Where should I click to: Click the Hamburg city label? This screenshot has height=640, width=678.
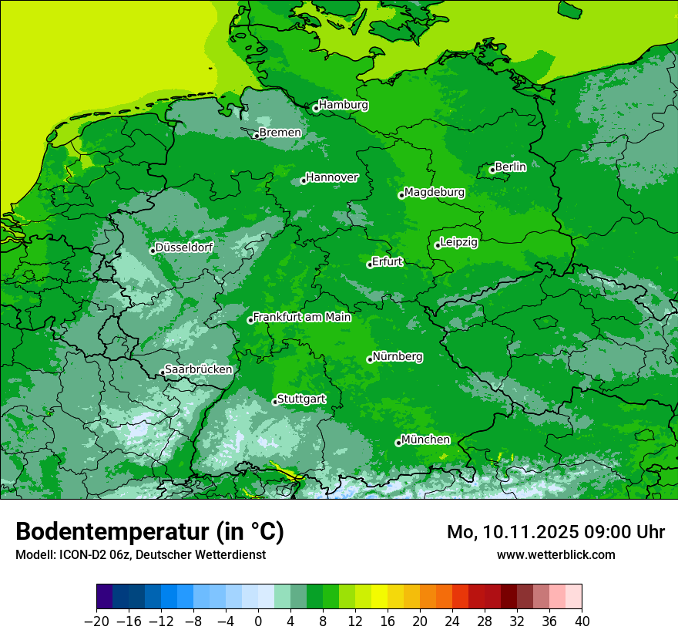344,105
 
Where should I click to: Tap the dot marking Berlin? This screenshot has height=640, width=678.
492,170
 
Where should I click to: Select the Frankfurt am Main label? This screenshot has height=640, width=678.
302,317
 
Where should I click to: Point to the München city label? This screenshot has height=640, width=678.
425,440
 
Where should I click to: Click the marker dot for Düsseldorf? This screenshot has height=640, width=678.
153,251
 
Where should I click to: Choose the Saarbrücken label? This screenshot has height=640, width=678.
199,369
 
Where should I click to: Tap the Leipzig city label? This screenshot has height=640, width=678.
459,242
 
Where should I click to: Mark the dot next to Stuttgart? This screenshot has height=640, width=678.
275,402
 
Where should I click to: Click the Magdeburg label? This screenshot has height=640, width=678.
435,192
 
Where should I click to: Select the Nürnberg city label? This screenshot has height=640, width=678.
398,357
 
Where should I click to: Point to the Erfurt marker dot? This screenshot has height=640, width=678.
370,264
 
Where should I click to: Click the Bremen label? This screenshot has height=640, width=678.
280,133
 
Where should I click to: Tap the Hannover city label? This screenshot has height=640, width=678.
332,177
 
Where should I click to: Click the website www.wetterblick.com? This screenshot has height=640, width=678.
555,554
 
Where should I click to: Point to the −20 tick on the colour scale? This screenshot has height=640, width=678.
96,621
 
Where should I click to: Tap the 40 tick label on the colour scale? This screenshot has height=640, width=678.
582,621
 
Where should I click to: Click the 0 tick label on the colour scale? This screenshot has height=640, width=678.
258,621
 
